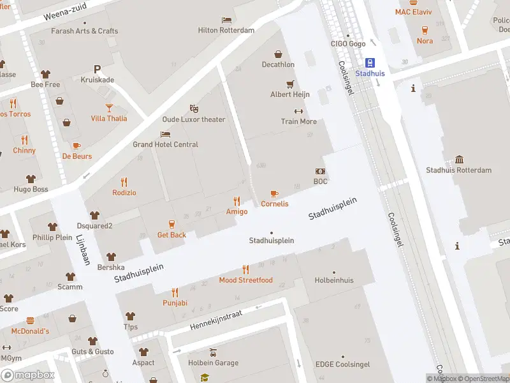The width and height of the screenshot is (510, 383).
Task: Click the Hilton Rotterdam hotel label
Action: [226, 30]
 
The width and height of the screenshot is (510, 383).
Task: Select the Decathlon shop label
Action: [278, 64]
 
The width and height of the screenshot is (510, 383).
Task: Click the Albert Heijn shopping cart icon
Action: [290, 84]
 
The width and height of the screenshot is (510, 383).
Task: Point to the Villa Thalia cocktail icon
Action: [109, 108]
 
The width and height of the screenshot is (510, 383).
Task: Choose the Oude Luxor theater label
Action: [194, 119]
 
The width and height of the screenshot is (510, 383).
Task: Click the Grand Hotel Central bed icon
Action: [166, 134]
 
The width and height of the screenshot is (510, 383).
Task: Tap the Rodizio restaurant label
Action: [124, 193]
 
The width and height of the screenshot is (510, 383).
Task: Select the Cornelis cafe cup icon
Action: [274, 193]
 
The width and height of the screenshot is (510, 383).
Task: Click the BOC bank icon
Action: [320, 171]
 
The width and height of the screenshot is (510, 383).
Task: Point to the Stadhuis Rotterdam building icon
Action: [459, 160]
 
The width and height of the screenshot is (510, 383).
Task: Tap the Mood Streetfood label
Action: [245, 280]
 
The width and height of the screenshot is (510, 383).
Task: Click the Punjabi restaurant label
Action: [175, 303]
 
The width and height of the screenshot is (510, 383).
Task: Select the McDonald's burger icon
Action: [30, 320]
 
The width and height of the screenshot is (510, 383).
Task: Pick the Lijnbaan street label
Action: [84, 249]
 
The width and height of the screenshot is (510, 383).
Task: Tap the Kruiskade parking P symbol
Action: [98, 69]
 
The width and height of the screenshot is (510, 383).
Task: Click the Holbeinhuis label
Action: [333, 280]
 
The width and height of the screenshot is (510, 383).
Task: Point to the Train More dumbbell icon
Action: [298, 111]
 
